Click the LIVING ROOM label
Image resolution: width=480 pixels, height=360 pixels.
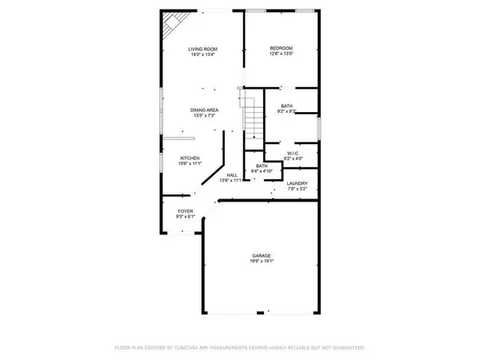[x=202, y=49]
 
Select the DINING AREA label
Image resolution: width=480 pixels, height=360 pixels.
[x=204, y=110]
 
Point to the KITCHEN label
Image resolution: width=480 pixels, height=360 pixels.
[x=189, y=158]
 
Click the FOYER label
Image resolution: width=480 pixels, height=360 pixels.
[x=185, y=211]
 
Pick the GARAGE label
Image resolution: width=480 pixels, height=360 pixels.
[x=262, y=255]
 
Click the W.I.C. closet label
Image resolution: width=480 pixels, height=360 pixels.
[x=293, y=154]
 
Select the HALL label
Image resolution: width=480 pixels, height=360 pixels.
[x=231, y=175]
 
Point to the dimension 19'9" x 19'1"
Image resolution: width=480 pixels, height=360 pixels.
[x=262, y=262]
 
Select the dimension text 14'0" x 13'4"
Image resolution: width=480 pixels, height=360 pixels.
[x=202, y=55]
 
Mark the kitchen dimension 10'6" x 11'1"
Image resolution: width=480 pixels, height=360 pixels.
[x=189, y=163]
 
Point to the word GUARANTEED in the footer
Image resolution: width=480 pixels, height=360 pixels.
[x=348, y=348]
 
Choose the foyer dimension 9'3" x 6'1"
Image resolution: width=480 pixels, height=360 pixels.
[x=185, y=217]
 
